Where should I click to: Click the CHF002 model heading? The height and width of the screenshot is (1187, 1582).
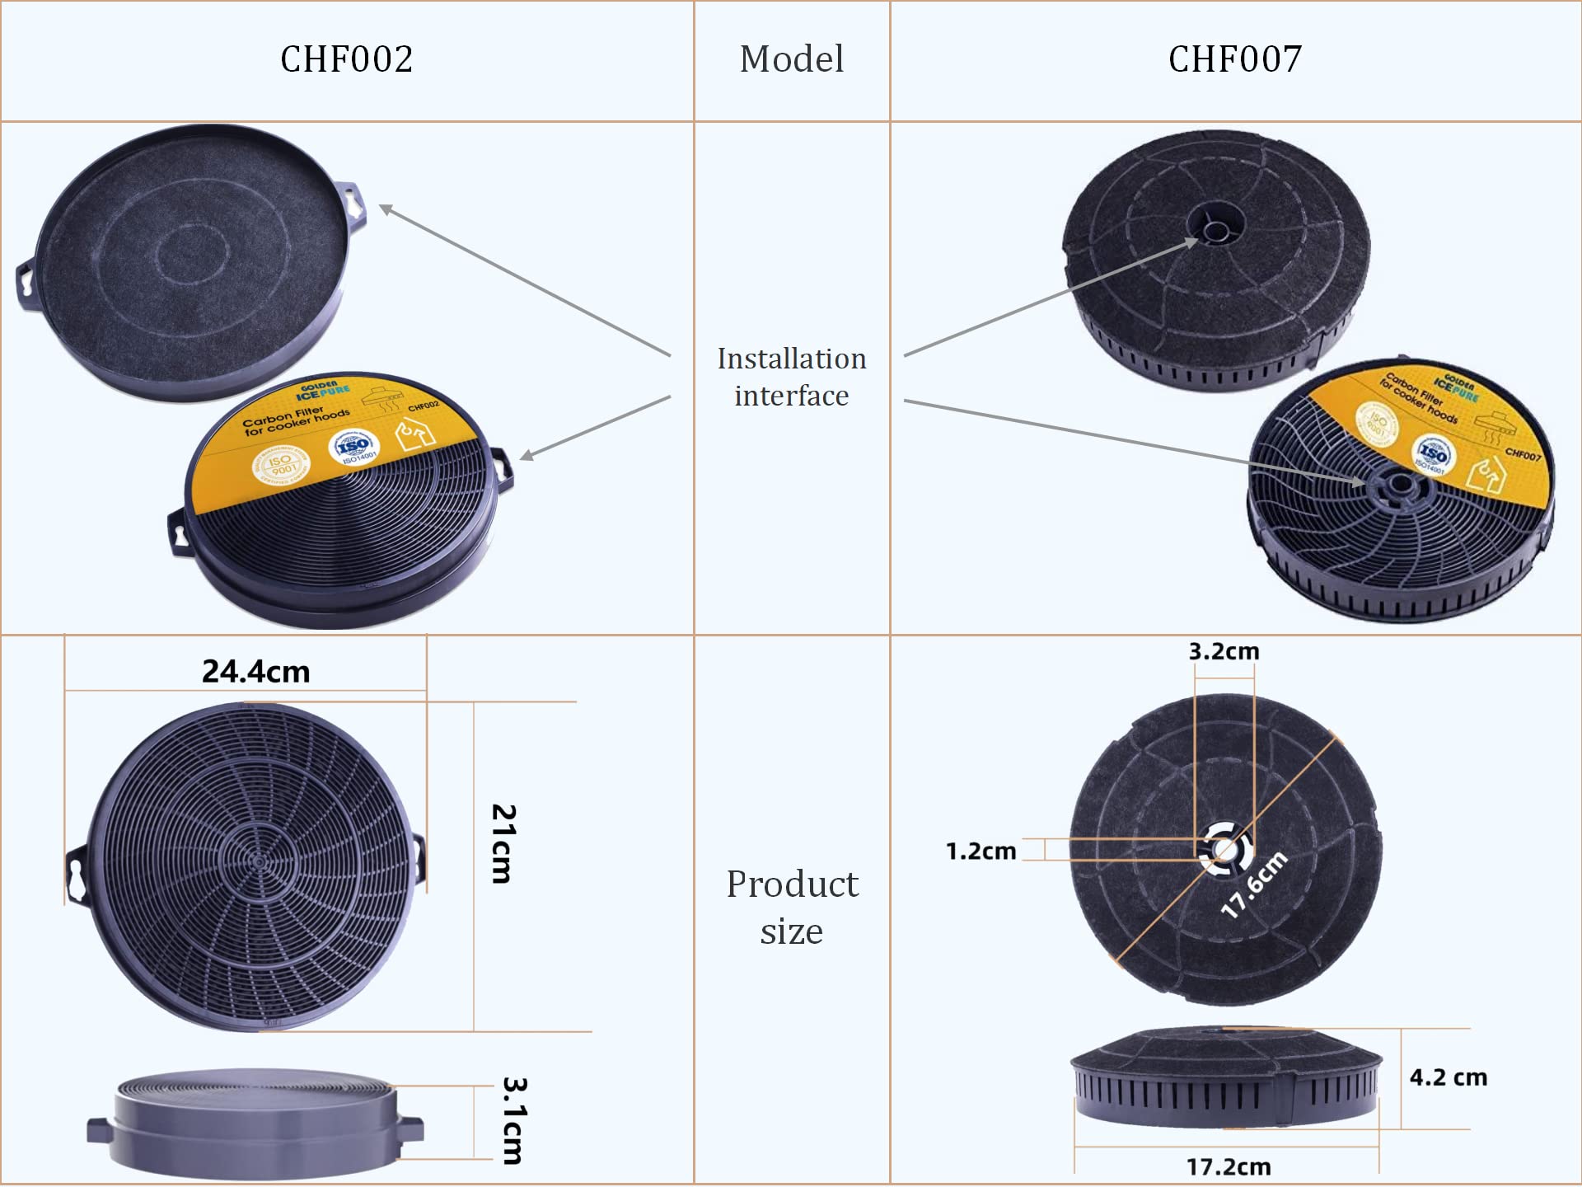click(346, 59)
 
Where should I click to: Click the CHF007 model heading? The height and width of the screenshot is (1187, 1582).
click(1234, 59)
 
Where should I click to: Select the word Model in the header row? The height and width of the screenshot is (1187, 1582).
click(791, 59)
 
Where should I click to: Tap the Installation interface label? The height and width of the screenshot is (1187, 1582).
click(791, 377)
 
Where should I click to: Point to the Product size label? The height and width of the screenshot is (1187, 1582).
click(791, 907)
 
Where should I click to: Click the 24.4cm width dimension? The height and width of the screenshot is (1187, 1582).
click(255, 672)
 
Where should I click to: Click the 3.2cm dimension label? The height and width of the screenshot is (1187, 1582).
click(1224, 651)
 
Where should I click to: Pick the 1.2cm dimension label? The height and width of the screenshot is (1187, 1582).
click(981, 851)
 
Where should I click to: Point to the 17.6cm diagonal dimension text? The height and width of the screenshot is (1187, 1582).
click(1253, 884)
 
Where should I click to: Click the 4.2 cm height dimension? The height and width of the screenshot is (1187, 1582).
click(1448, 1077)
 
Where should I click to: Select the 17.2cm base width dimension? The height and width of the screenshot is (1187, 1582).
click(1228, 1166)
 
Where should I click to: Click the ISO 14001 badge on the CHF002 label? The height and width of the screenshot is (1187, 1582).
click(353, 446)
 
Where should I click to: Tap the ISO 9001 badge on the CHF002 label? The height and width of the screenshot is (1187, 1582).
click(281, 465)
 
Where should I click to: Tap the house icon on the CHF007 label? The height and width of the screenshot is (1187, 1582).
click(1487, 475)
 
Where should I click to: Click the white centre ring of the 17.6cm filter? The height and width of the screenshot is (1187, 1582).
click(1224, 849)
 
